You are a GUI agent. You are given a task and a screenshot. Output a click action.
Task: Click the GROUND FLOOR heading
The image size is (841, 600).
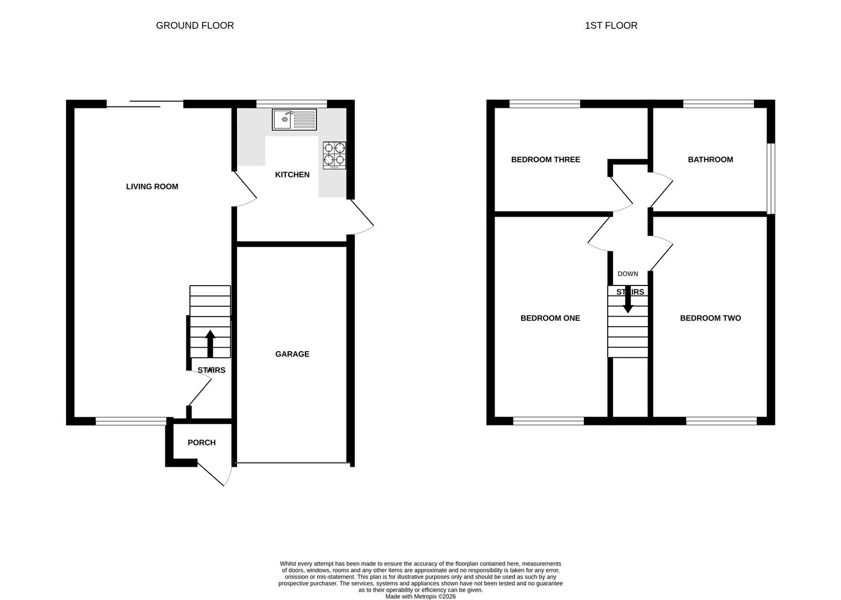(x=195, y=26)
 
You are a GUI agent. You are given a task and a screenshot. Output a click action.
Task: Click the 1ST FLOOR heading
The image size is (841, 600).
(x=611, y=26)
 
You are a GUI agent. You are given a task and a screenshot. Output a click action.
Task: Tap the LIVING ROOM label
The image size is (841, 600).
(x=152, y=187)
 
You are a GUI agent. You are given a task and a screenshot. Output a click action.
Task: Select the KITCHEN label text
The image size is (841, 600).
(x=293, y=174)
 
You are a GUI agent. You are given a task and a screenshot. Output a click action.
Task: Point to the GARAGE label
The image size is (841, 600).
(x=292, y=354)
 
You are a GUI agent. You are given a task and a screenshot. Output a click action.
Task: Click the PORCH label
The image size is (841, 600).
(x=202, y=443)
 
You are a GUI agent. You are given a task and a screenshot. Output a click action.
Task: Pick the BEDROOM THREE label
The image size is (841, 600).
(x=546, y=159)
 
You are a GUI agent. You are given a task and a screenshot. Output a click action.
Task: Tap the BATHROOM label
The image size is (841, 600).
(x=711, y=159)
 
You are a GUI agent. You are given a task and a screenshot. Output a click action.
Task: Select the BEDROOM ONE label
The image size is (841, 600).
(x=550, y=318)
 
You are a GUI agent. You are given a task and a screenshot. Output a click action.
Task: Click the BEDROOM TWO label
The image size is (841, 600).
(x=711, y=318)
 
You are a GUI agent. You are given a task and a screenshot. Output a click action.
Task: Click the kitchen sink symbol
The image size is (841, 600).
(x=294, y=119)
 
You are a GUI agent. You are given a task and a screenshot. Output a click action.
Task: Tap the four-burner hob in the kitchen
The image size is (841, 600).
(x=335, y=156)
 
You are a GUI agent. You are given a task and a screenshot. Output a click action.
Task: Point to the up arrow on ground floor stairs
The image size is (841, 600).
(x=210, y=343)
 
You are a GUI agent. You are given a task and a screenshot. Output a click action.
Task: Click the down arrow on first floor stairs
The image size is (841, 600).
(x=628, y=300)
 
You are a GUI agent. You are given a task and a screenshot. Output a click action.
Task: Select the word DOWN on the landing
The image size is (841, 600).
(x=628, y=274)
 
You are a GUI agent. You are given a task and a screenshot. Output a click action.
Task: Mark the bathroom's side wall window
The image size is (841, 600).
(x=771, y=178)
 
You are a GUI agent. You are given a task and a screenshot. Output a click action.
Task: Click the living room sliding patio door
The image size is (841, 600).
(x=145, y=103)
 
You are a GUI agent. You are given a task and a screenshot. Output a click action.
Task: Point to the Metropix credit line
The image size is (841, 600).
(x=420, y=597)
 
